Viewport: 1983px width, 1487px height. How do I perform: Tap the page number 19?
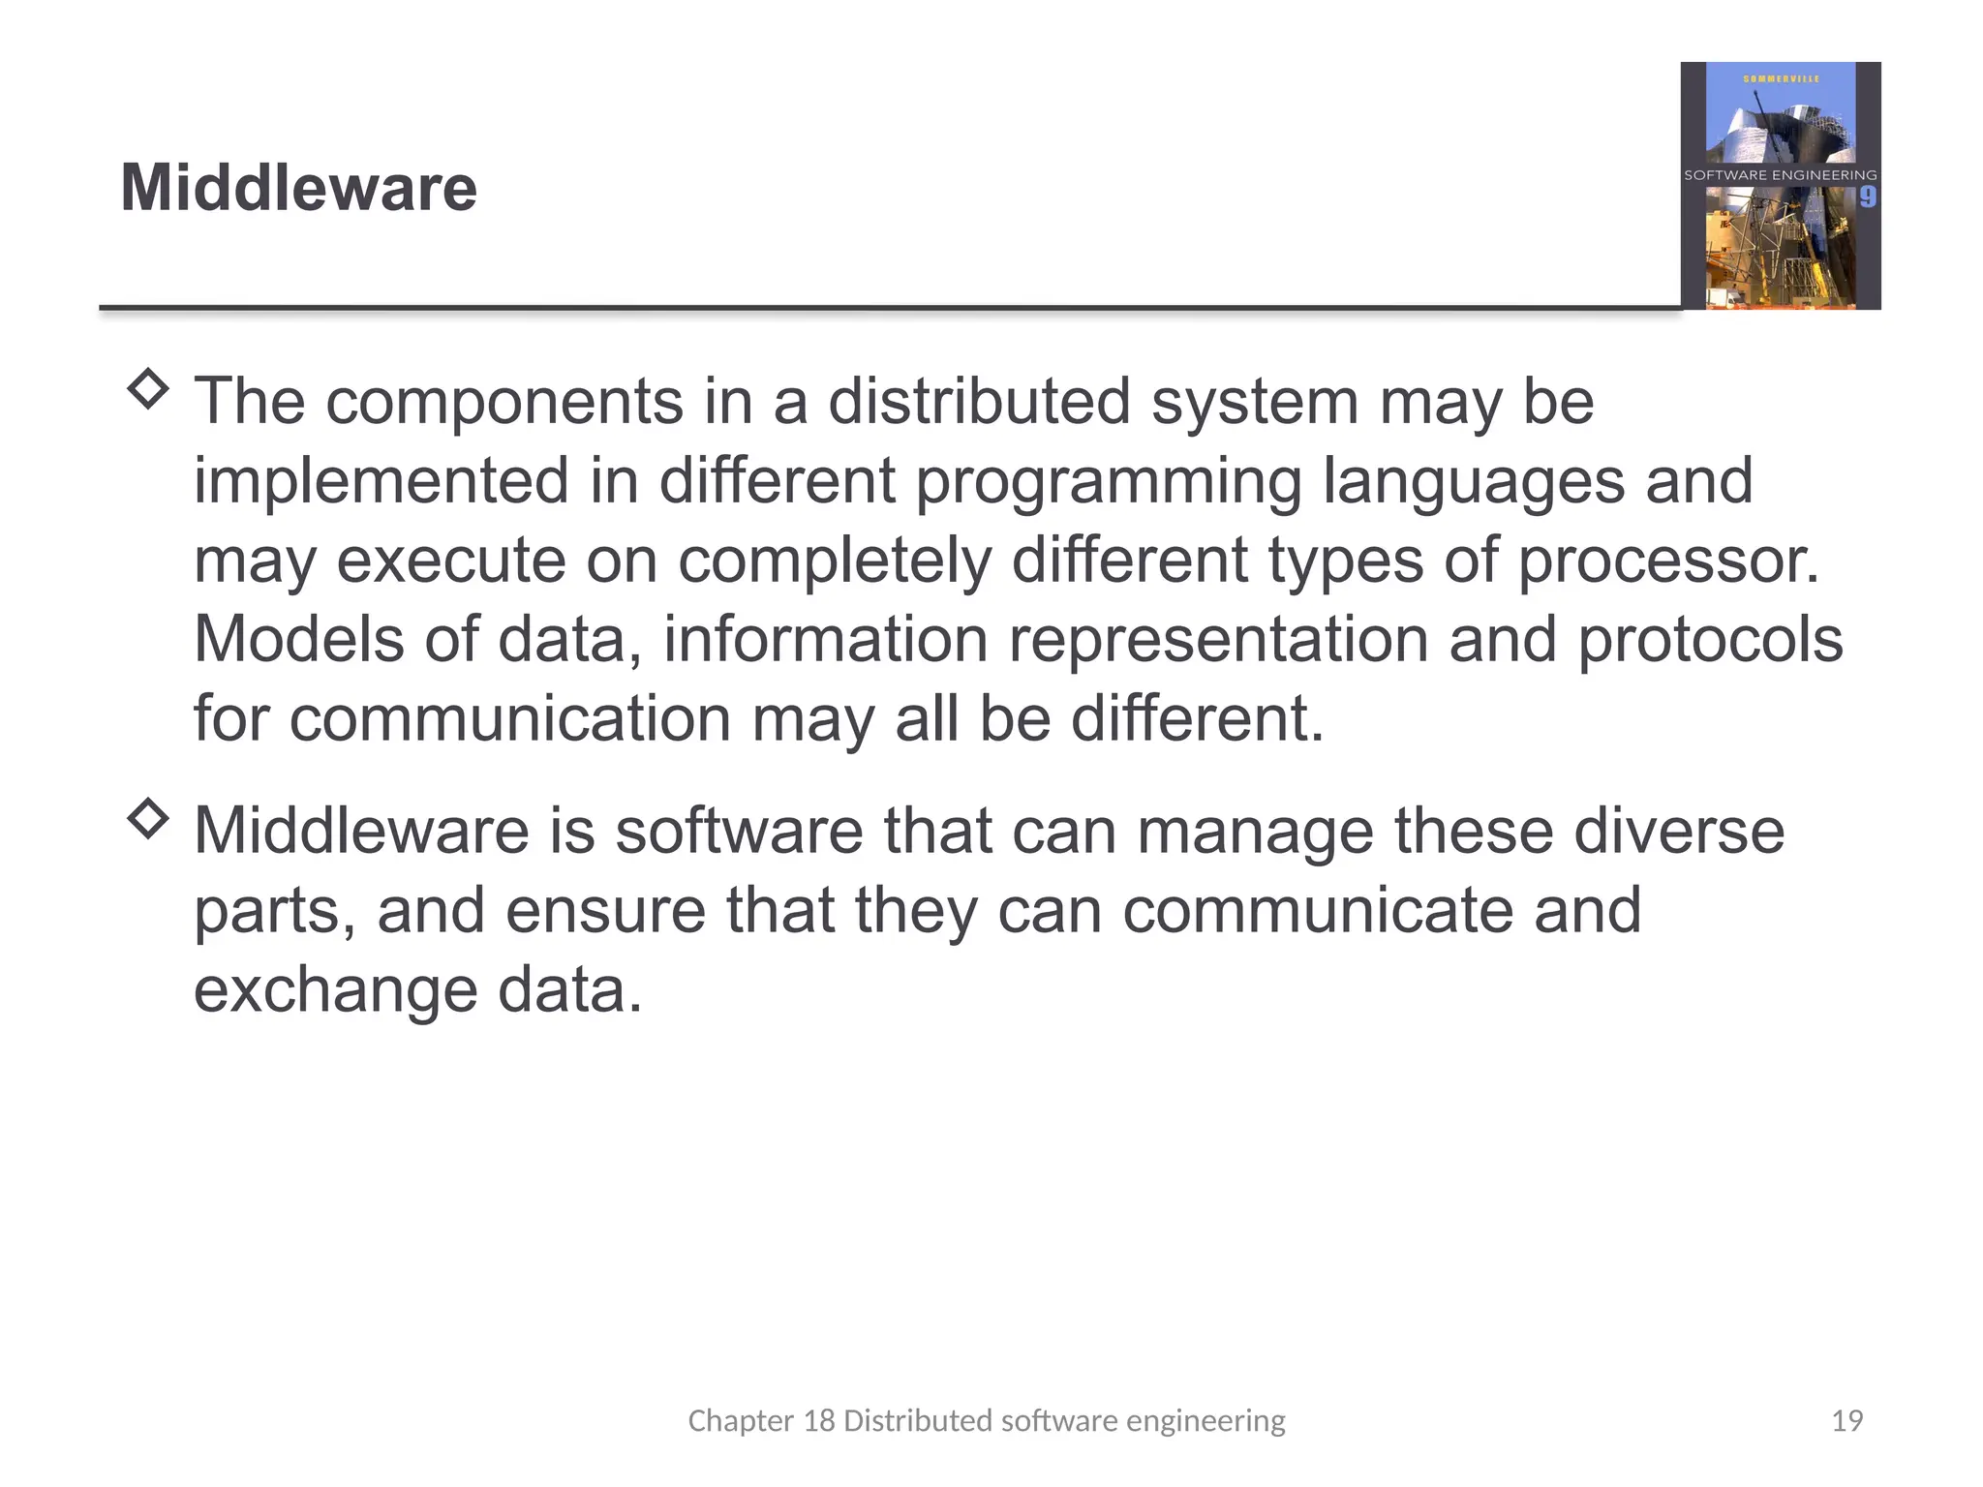click(x=1846, y=1420)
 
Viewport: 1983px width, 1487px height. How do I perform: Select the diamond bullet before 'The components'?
click(x=148, y=389)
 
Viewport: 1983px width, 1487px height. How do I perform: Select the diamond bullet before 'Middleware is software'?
click(x=148, y=819)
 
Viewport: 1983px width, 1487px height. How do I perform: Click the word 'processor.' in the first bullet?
click(x=1668, y=561)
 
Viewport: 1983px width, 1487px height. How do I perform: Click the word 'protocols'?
click(x=1710, y=642)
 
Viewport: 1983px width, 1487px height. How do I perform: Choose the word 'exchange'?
click(x=335, y=991)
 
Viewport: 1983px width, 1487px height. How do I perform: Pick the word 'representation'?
click(x=1218, y=642)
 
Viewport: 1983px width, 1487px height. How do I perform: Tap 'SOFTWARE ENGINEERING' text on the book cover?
click(x=1780, y=175)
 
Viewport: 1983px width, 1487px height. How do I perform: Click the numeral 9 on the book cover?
click(x=1867, y=197)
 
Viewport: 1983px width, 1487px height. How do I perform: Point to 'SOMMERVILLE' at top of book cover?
click(x=1781, y=79)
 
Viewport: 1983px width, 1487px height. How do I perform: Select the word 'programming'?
click(x=1108, y=483)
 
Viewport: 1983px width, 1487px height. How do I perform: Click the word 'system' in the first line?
click(x=1254, y=404)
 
